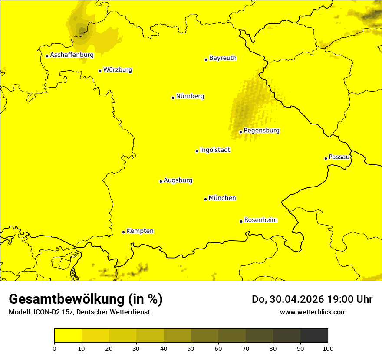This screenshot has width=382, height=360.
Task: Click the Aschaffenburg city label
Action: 72,55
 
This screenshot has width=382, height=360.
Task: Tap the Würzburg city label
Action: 118,70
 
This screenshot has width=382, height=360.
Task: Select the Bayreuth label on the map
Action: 223,58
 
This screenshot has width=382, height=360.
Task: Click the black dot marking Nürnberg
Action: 173,98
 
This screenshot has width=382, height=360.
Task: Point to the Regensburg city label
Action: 261,131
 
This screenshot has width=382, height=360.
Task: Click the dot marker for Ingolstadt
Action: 197,151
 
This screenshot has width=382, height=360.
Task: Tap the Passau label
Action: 339,157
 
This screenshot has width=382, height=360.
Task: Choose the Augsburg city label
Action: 178,180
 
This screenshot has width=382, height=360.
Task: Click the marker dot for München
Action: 205,199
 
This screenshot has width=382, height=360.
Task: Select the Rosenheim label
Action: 260,220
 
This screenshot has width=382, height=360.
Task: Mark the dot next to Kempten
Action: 123,232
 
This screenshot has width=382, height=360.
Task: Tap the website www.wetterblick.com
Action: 313,312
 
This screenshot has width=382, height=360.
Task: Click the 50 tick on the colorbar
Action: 191,348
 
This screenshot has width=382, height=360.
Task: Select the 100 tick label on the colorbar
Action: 328,348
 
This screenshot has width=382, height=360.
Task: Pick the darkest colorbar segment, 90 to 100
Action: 314,335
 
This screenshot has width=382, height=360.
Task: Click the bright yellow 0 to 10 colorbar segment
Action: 68,335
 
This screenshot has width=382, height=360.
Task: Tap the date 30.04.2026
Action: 293,299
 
